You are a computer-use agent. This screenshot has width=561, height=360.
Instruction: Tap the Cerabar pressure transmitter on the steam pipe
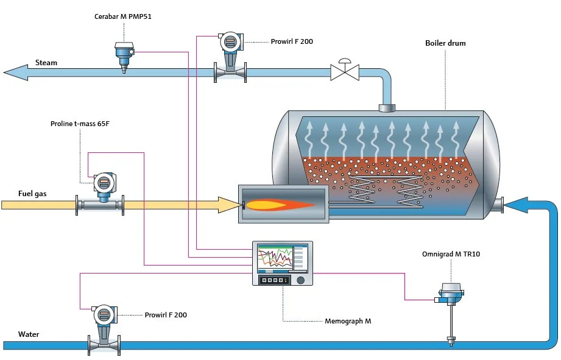click(124, 53)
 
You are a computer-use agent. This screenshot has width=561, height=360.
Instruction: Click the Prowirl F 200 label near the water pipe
click(166, 315)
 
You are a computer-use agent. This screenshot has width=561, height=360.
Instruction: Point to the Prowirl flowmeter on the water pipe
click(103, 329)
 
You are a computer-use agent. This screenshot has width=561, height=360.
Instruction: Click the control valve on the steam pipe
click(345, 72)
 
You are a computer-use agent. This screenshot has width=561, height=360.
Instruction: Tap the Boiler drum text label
click(445, 43)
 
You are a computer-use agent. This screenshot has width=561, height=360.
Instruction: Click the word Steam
click(46, 62)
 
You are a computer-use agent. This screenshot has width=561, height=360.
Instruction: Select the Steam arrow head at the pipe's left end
click(15, 72)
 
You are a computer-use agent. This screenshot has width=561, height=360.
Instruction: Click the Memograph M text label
click(348, 320)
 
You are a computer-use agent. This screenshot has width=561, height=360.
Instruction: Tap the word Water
click(29, 334)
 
